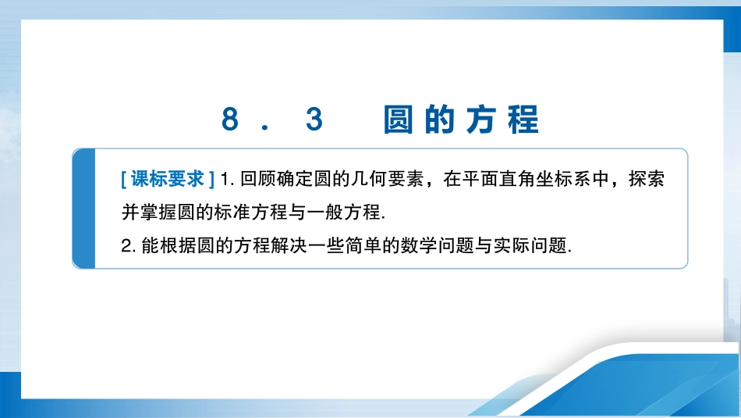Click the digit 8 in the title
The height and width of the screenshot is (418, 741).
click(x=229, y=119)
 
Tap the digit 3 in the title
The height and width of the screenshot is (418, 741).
click(x=314, y=119)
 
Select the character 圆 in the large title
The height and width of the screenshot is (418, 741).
click(x=398, y=120)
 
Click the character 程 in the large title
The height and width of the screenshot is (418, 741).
click(x=523, y=120)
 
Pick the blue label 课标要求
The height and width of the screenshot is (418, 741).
click(x=167, y=179)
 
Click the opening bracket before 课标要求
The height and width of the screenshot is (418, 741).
click(x=124, y=180)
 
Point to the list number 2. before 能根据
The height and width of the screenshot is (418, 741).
click(x=129, y=246)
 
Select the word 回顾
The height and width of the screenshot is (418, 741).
click(x=258, y=179)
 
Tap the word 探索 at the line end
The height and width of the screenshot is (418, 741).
click(x=647, y=179)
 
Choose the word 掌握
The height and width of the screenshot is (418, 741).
click(x=158, y=212)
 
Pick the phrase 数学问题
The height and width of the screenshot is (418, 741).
click(x=437, y=245)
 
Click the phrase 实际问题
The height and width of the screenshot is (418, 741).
click(x=530, y=245)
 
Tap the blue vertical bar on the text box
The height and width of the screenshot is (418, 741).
click(x=84, y=209)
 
